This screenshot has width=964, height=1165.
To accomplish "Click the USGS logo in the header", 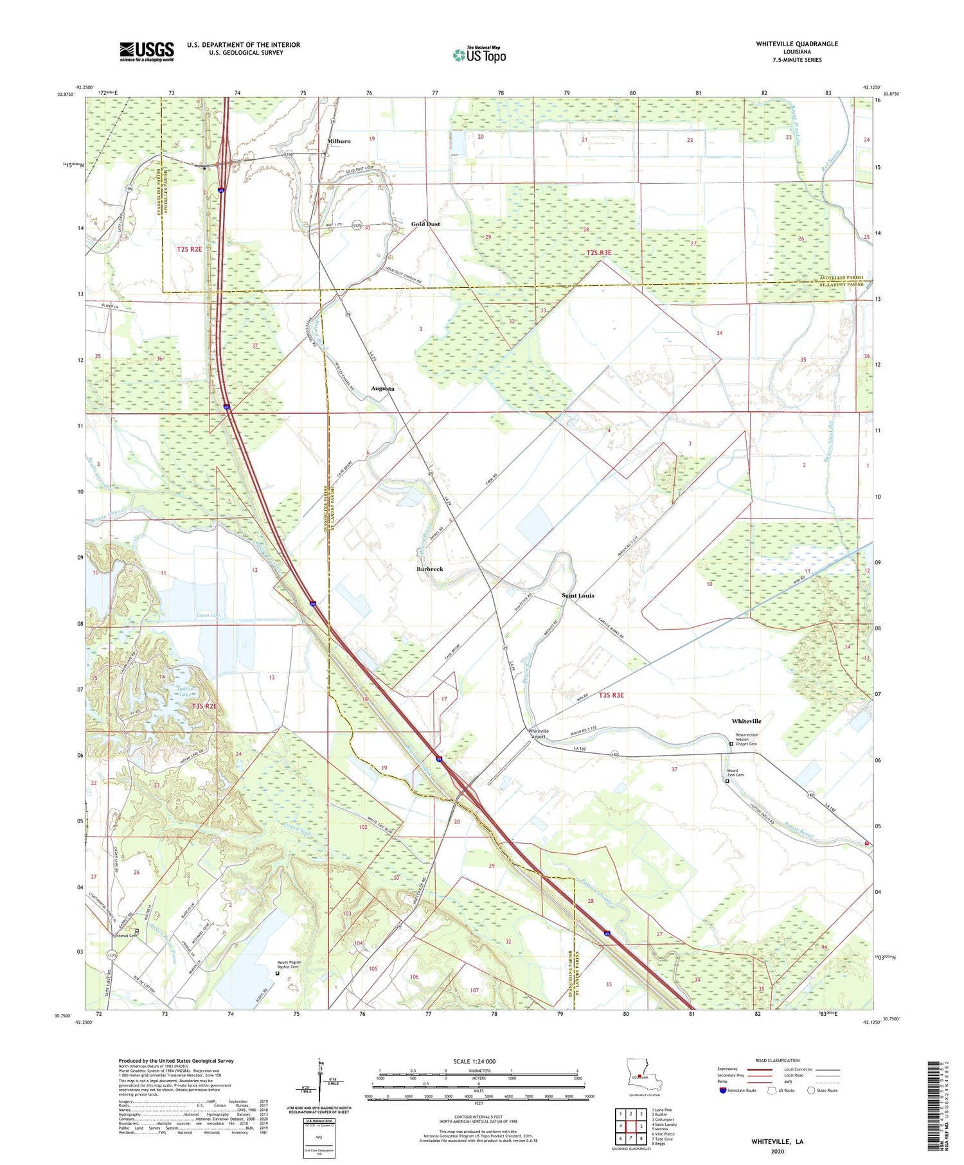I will coord(147,51).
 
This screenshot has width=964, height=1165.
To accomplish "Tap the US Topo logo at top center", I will coord(479,55).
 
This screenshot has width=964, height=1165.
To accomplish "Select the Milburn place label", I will coord(339,141).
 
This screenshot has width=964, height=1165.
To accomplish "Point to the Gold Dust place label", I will coord(425,224).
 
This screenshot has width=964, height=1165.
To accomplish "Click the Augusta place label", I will coord(382,389).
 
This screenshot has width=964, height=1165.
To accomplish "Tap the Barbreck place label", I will coord(429,569).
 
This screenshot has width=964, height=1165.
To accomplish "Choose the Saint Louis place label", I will coord(578,596).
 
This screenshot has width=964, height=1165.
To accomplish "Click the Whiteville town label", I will coord(746,721).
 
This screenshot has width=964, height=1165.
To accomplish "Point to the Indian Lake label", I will coord(185,691).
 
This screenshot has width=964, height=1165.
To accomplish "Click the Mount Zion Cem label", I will coord(734,773).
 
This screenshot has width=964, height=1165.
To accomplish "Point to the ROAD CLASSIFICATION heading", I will coord(778,1060).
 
